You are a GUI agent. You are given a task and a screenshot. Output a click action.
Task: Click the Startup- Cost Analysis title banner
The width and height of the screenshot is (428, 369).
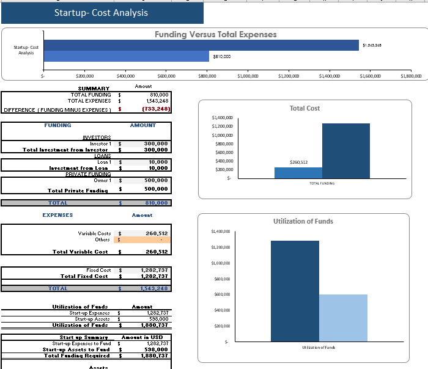point(101,12)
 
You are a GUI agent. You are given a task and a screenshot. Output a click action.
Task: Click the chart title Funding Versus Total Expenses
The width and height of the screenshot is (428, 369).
point(215,34)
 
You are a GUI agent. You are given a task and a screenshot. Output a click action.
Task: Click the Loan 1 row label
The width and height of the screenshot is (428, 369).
point(101,162)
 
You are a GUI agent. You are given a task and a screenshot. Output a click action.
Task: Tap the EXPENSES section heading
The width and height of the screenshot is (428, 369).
point(57,215)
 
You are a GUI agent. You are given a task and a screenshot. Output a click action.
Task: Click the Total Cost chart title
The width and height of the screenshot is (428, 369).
point(304,108)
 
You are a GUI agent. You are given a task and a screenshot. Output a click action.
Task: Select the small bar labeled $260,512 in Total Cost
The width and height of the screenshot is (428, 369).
point(298,172)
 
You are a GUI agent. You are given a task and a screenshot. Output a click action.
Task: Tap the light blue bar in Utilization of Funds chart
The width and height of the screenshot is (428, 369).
point(343,318)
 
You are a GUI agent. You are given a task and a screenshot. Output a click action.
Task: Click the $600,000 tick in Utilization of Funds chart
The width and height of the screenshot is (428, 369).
point(221,294)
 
